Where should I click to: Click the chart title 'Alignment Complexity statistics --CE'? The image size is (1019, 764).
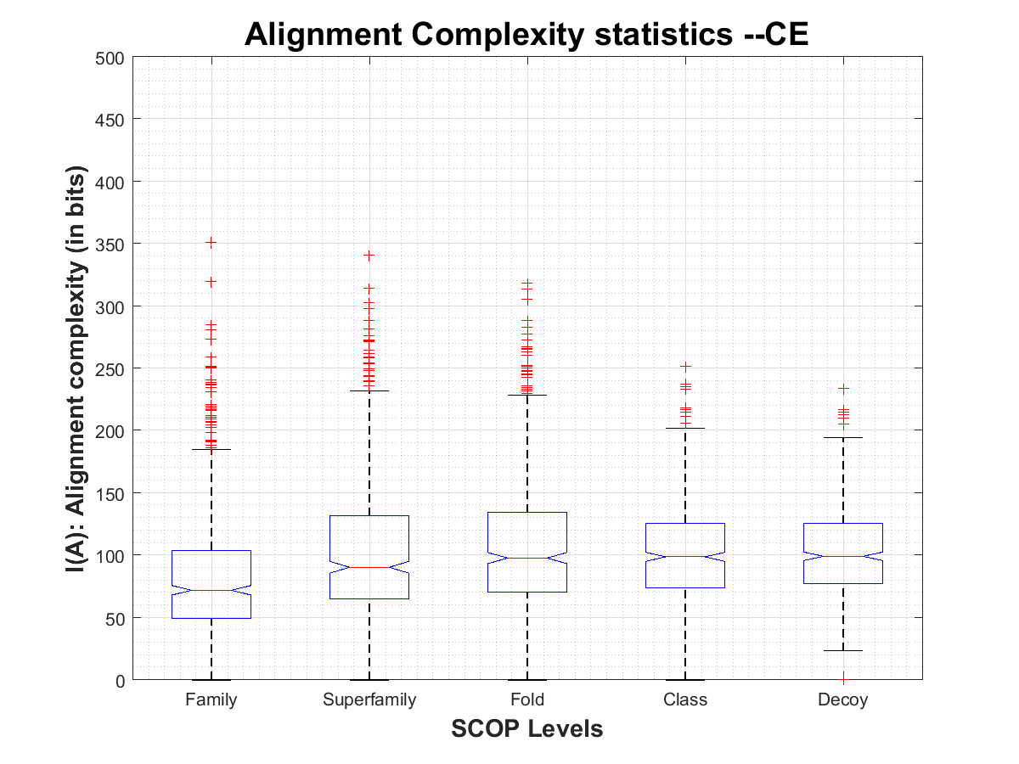tap(526, 35)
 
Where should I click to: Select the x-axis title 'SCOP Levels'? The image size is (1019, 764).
tap(526, 728)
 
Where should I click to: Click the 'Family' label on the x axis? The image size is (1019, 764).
tap(211, 700)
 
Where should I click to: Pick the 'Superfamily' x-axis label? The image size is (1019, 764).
tap(369, 700)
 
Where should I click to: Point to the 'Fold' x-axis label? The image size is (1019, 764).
tap(527, 700)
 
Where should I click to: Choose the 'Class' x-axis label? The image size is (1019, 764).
tap(685, 700)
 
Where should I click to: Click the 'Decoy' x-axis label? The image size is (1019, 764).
tap(843, 700)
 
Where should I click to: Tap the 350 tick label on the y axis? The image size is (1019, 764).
tap(110, 244)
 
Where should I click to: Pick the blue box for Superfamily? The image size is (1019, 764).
tap(369, 543)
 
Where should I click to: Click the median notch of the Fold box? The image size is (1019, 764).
tap(527, 558)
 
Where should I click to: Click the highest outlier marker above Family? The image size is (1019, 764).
tap(211, 243)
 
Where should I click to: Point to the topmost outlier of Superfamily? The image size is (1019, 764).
tap(369, 255)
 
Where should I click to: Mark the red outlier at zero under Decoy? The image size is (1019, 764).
tap(843, 679)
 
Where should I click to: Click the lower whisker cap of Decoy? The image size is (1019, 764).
tap(843, 650)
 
